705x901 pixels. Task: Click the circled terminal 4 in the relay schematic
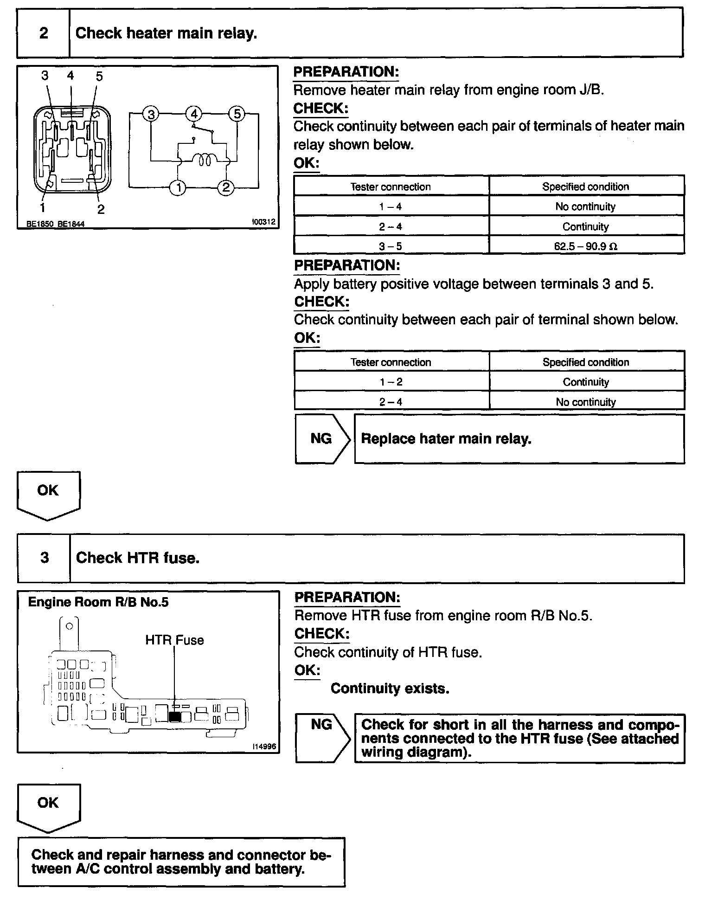194,114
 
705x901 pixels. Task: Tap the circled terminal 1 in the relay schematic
178,187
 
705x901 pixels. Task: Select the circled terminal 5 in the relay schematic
237,114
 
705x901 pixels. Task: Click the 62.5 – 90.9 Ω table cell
586,246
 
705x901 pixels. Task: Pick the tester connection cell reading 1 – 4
391,206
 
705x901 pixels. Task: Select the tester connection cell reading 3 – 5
391,246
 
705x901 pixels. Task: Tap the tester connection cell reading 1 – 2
391,382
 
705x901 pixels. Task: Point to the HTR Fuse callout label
174,640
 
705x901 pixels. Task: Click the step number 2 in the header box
44,33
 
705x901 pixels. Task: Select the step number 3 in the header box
45,558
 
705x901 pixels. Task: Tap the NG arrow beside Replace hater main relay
322,439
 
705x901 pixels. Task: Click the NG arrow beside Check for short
322,738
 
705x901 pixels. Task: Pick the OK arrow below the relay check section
48,494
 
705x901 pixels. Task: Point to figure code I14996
264,747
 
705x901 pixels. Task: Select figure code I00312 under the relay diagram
263,222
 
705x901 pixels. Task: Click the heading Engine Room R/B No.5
98,602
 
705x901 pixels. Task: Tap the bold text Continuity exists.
390,689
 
